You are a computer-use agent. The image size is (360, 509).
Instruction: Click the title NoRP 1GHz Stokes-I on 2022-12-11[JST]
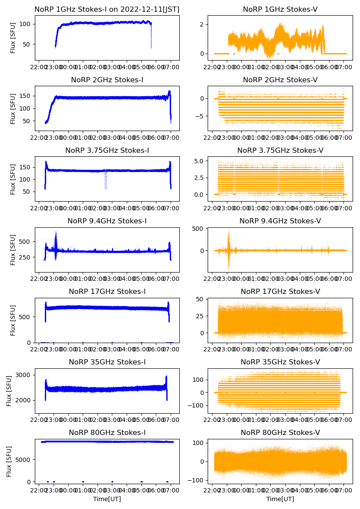click(107, 9)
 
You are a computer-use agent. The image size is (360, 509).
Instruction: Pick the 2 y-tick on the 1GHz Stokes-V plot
click(202, 24)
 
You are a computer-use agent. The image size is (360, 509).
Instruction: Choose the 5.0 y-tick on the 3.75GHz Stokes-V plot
click(199, 161)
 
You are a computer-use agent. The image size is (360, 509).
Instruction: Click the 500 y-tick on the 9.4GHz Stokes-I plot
click(24, 242)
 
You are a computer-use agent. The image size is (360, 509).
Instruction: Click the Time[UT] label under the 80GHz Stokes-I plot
click(107, 499)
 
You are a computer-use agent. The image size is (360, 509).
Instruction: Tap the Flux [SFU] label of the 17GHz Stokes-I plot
click(13, 320)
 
